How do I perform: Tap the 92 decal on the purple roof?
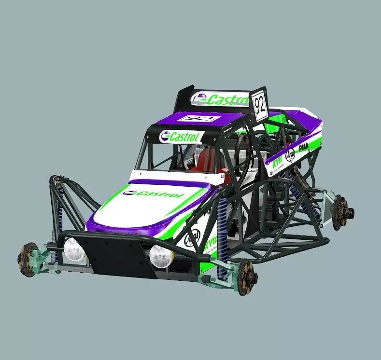(x=198, y=118)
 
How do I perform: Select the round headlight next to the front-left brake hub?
(x=74, y=249)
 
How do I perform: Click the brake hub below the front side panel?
(x=247, y=276)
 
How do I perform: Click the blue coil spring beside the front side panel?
(x=222, y=241)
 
